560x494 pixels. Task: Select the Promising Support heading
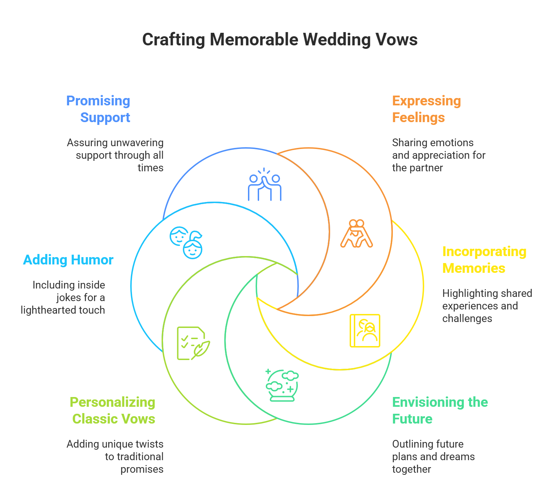coord(99,109)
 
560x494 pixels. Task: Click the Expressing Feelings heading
coord(426,109)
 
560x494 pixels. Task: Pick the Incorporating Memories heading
coord(484,260)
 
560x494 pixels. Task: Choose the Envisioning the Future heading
coord(440,411)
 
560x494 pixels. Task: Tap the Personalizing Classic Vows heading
coord(113,411)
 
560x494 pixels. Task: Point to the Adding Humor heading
coord(68,260)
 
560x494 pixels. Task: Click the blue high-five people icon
coord(265,185)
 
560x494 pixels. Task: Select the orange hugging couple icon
coord(357,233)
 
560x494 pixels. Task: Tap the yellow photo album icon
coord(365,331)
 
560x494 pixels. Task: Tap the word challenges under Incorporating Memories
coord(467,319)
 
